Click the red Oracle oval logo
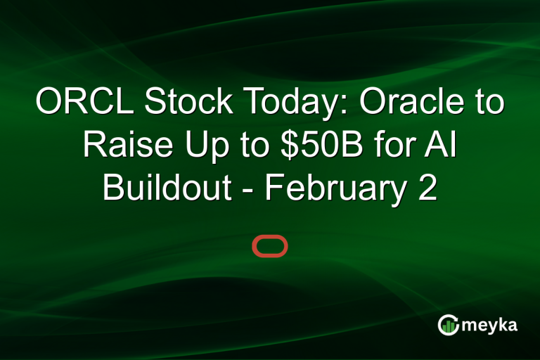[270, 247]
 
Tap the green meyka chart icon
[448, 324]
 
